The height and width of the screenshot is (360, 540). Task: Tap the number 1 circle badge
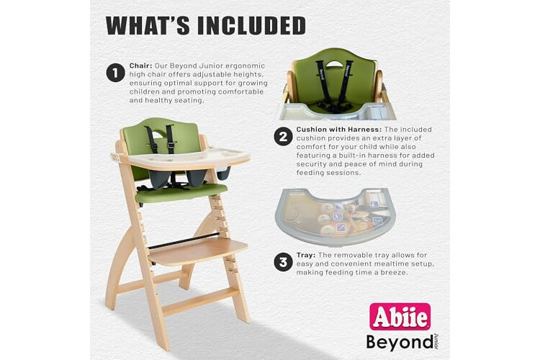tap(115, 73)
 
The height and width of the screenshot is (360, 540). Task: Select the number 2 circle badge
tap(283, 137)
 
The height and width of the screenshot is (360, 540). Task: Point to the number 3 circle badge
tap(283, 262)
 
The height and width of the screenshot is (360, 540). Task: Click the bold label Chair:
tap(140, 66)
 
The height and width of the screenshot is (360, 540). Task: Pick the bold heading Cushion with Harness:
tap(339, 130)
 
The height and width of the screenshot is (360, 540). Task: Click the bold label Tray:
tap(306, 256)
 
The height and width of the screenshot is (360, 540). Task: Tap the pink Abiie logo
tap(400, 316)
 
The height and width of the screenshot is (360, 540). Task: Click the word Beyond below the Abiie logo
tap(400, 342)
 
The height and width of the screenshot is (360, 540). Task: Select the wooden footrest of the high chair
tap(198, 251)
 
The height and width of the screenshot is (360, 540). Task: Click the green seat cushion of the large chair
tap(181, 194)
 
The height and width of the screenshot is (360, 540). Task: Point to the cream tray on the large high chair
tap(181, 158)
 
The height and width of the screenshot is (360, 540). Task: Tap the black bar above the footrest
tap(184, 240)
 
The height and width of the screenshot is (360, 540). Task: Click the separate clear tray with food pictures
tap(335, 216)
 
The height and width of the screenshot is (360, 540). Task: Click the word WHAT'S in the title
tap(148, 25)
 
